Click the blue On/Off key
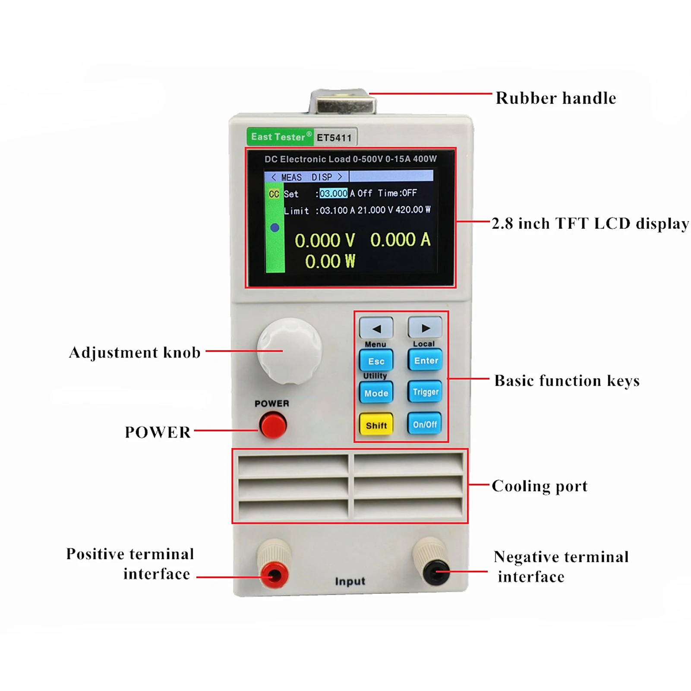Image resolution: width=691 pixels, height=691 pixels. (x=425, y=424)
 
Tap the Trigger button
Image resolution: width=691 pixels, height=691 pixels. (x=425, y=391)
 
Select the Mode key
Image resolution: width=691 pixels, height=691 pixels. (x=376, y=393)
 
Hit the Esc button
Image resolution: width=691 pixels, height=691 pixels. (x=376, y=361)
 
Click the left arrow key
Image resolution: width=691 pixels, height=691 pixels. (x=376, y=328)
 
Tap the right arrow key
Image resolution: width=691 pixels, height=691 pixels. (x=425, y=328)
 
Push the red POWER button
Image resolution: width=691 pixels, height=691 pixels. (x=273, y=425)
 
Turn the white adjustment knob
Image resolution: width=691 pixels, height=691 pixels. (x=289, y=351)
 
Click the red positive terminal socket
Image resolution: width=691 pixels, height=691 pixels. (x=274, y=574)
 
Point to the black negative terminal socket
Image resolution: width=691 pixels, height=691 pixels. (x=436, y=572)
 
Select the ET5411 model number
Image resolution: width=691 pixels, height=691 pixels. (x=334, y=138)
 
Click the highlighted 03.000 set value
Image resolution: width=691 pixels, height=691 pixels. (x=333, y=193)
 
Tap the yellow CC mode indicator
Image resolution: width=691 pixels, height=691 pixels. (x=274, y=194)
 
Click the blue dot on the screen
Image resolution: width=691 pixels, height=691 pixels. (x=275, y=227)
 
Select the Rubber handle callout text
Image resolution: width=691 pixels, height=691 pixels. (x=555, y=98)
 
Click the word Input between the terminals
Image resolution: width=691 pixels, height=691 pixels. (x=350, y=581)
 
